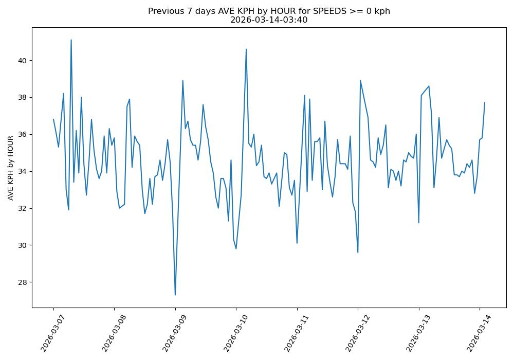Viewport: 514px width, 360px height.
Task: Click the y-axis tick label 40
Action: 23,61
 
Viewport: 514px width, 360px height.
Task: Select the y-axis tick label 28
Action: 23,282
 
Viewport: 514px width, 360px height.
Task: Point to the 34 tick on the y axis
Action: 23,171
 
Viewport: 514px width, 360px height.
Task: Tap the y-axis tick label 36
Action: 23,134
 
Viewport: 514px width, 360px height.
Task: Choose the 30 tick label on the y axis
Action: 23,245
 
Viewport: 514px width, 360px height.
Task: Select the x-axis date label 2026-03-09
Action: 170,332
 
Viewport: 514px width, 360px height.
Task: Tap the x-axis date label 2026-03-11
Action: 291,332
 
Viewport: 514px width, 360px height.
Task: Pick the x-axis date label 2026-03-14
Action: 474,332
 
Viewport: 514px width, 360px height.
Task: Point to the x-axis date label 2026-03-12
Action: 352,332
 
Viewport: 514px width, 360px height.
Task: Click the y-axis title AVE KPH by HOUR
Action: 10,168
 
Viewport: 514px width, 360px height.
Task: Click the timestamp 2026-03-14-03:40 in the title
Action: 269,20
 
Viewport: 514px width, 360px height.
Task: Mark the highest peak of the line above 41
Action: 71,40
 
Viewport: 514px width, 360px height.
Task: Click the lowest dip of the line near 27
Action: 175,295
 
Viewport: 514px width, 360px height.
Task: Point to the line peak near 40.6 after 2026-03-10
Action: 246,49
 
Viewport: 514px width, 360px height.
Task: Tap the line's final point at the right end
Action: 485,103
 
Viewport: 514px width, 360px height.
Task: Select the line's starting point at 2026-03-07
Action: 53,119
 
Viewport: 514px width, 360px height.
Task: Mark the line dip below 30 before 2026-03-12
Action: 358,252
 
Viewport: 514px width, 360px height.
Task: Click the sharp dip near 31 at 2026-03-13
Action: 418,222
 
